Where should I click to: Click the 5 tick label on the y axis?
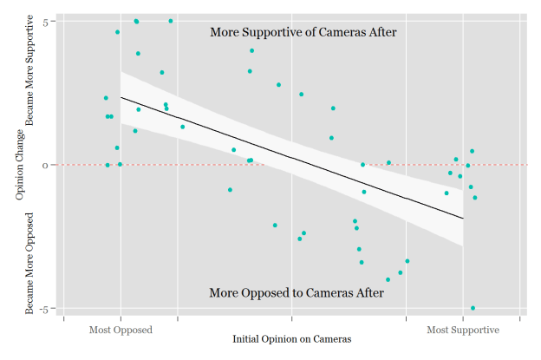50,21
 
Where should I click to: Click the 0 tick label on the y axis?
50,165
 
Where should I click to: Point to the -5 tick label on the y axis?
49,308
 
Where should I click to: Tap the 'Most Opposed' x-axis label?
121,331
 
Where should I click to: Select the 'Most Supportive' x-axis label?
463,331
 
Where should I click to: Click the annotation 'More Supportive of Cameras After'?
303,33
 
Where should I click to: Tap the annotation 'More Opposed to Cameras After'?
297,293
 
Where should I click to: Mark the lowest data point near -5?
473,308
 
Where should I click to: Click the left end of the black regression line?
121,97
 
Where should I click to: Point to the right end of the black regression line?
463,219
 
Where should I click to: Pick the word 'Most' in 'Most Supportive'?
438,331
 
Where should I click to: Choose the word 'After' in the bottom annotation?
368,293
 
